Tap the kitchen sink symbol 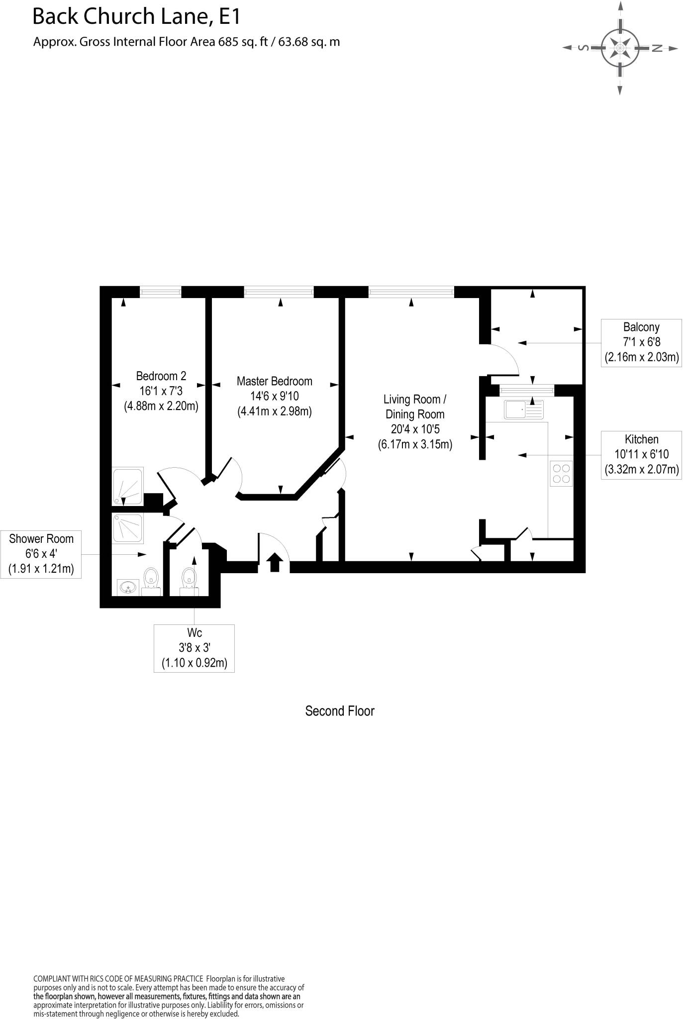coord(524,409)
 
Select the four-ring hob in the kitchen coord(561,473)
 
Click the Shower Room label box coord(41,554)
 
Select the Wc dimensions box coord(194,648)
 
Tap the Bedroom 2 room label coord(161,391)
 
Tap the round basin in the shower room coord(128,588)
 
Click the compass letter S coord(584,48)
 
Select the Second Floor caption coord(339,711)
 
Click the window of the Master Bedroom coord(279,292)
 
